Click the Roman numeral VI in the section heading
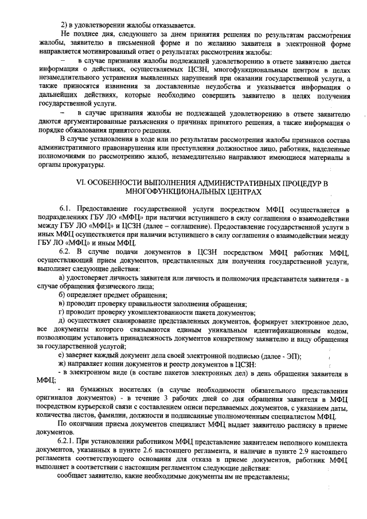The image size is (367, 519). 81,184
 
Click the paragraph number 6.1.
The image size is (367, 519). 67,211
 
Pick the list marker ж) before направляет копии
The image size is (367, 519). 64,364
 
